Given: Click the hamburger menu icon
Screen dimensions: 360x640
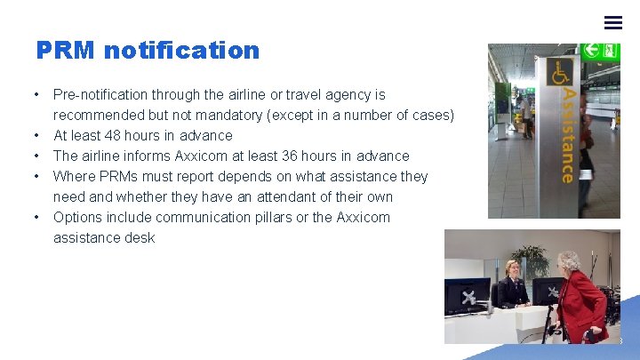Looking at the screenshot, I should point(613,22).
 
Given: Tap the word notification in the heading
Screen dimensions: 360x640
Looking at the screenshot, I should point(181,51).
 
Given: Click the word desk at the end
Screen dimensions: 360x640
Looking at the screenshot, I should point(140,237).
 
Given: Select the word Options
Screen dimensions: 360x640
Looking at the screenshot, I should point(77,217).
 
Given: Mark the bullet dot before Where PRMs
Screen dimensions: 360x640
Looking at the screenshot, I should point(36,176).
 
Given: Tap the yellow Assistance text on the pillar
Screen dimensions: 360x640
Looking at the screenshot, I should point(566,133).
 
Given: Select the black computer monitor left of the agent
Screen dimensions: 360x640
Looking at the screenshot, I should point(467,295).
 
